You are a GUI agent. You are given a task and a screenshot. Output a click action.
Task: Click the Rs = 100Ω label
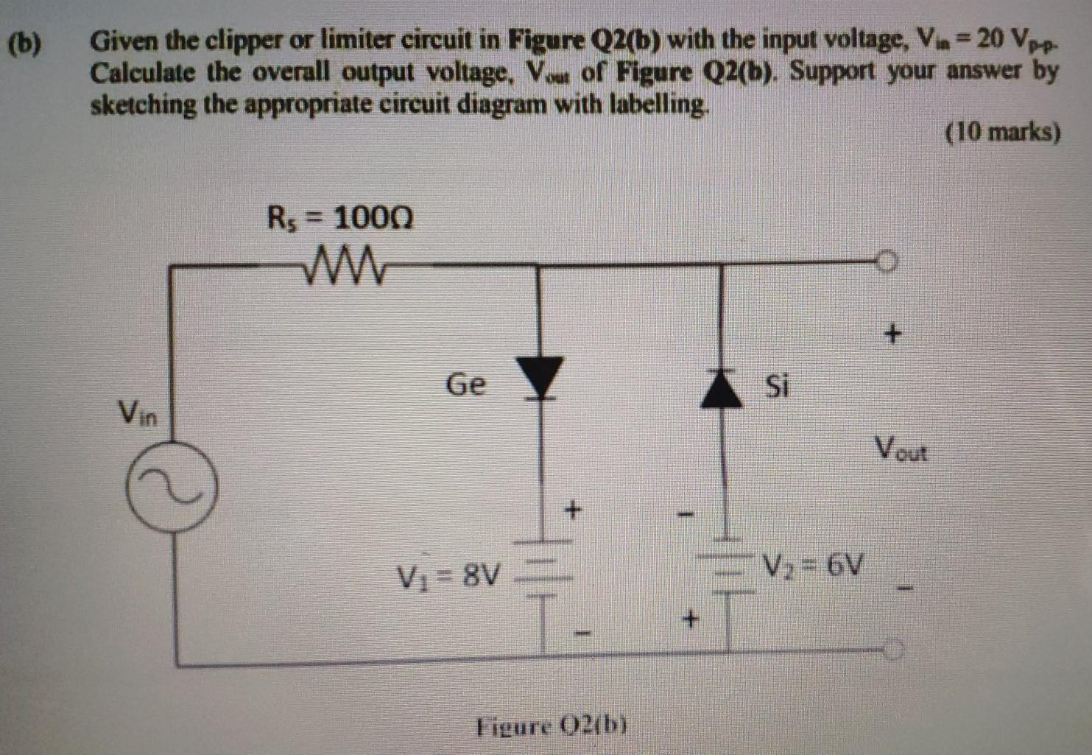[340, 218]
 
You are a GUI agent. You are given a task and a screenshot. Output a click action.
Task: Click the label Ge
[465, 384]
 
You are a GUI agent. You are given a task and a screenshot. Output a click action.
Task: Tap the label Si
[778, 384]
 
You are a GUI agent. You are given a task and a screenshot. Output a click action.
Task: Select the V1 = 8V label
[449, 574]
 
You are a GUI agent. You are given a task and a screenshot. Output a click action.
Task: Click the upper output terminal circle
[888, 261]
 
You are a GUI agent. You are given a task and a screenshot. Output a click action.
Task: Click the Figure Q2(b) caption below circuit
[552, 727]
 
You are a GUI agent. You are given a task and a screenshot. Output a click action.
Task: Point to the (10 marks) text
[1003, 133]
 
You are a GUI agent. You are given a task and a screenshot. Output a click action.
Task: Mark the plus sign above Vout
[892, 334]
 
